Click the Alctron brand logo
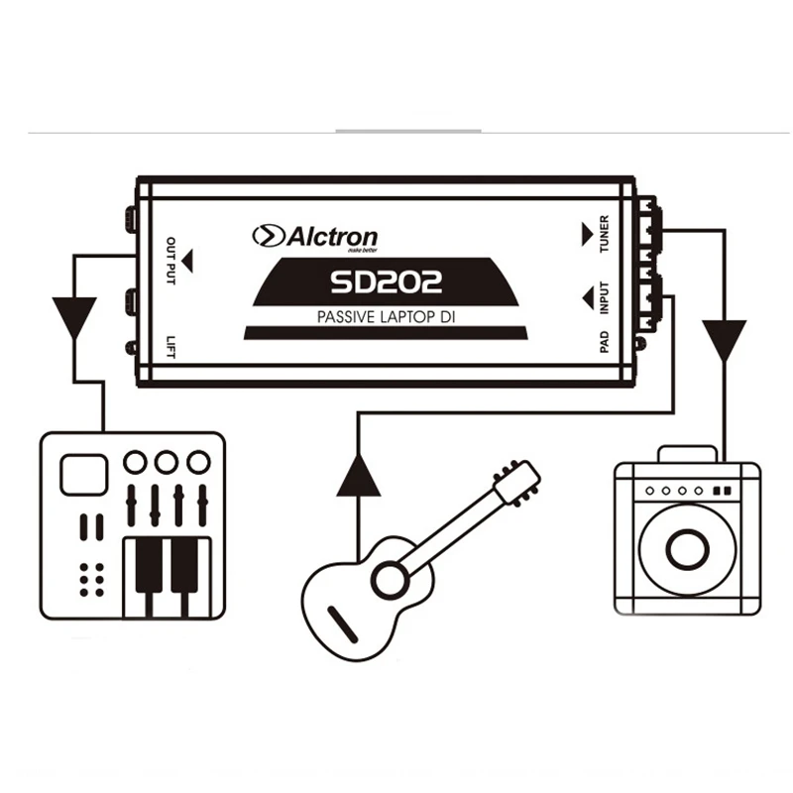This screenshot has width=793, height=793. [x=315, y=236]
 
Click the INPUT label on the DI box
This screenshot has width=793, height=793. [x=605, y=296]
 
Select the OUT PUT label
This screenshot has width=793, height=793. [x=170, y=262]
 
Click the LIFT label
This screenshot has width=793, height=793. [x=170, y=344]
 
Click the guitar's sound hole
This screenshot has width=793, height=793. [x=390, y=576]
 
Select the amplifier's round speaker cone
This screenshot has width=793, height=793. [x=687, y=548]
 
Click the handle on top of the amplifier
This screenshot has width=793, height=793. [x=686, y=453]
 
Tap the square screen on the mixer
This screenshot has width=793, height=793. [x=83, y=474]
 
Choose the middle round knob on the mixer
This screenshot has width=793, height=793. [x=167, y=462]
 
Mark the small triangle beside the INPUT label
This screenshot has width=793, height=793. [x=586, y=295]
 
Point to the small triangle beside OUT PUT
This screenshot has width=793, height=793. [x=189, y=262]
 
